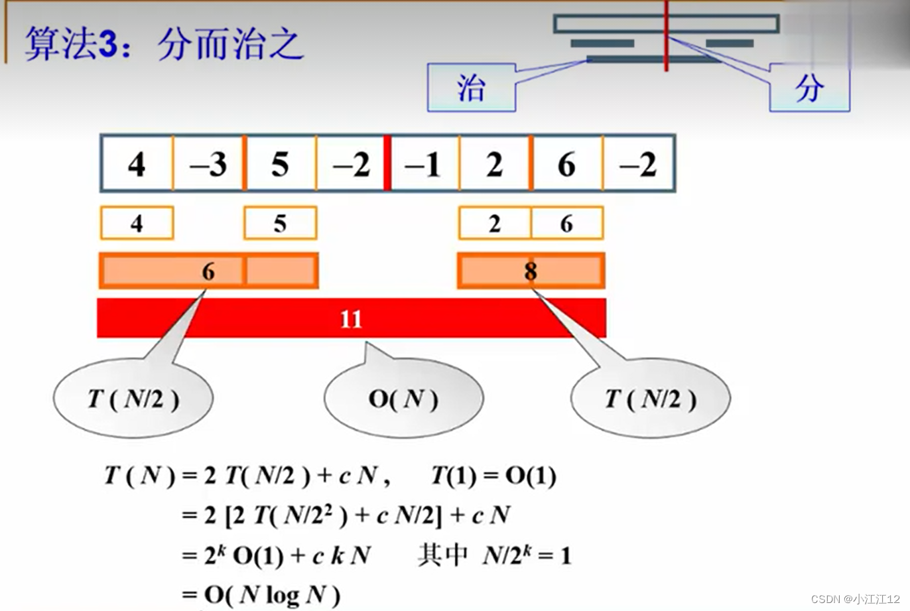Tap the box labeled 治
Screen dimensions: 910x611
471,88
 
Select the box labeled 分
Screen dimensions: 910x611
809,88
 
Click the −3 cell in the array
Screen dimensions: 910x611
208,164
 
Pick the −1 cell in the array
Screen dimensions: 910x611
422,164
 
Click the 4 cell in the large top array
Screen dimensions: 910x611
137,164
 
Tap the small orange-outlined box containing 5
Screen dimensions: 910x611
280,224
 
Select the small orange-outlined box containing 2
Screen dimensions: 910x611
495,224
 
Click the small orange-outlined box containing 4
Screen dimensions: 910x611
137,224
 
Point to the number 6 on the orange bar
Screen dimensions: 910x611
208,271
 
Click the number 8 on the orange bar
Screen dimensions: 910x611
531,271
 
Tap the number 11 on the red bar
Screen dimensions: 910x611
351,319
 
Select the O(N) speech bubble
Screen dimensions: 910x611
403,399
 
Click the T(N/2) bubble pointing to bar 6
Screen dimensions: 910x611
133,399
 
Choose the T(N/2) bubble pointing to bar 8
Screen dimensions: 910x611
651,399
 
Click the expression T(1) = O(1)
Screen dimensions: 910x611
493,476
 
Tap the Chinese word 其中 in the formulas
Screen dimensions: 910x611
442,555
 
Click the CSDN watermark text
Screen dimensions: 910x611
855,598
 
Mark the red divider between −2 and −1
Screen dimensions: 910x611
387,163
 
